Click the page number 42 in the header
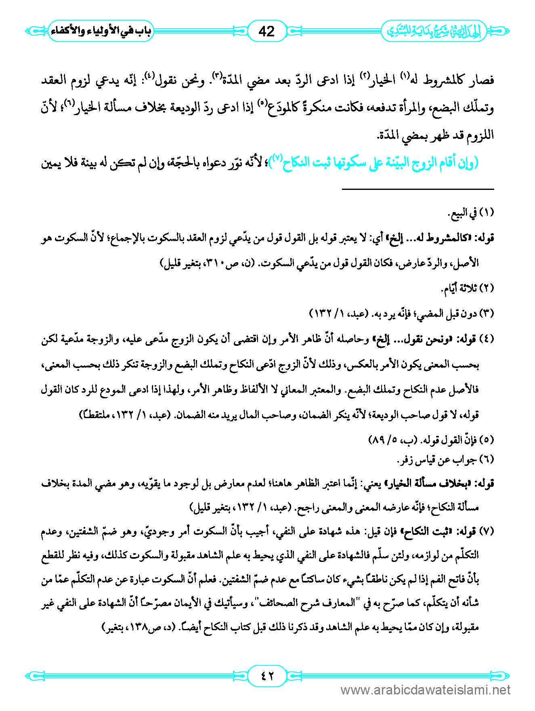[266, 31]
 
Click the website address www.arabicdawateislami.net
[426, 690]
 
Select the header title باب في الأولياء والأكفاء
[101, 31]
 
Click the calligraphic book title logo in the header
[434, 31]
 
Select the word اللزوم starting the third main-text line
[478, 135]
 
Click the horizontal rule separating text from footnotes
[418, 189]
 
